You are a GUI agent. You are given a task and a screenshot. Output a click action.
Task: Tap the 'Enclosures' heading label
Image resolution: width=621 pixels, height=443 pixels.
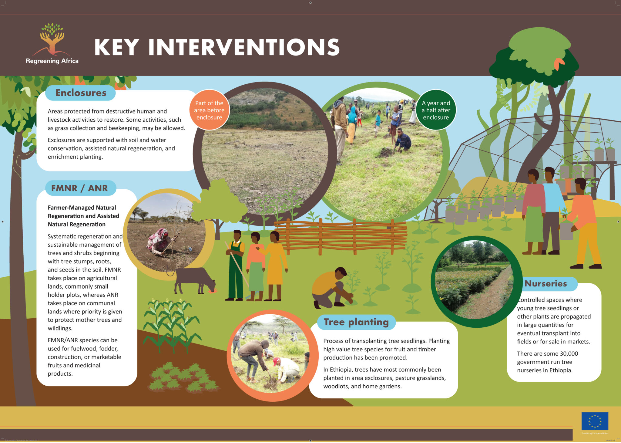81,93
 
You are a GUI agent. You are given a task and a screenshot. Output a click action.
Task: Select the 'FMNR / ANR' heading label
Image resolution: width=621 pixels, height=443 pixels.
79,188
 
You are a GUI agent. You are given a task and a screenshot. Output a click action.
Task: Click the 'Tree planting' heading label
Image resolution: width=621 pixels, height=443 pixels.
356,322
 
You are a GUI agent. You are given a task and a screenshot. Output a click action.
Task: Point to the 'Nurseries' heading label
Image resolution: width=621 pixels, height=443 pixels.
546,283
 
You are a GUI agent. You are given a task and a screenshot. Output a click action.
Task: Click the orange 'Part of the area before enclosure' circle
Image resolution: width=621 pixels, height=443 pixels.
209,110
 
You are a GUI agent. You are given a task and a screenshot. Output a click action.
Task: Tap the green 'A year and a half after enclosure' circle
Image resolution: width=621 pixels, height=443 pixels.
436,110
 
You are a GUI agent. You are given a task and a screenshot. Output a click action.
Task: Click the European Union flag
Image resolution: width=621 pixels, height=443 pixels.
595,421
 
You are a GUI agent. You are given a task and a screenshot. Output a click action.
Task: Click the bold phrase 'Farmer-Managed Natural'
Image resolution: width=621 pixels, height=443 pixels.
82,208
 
